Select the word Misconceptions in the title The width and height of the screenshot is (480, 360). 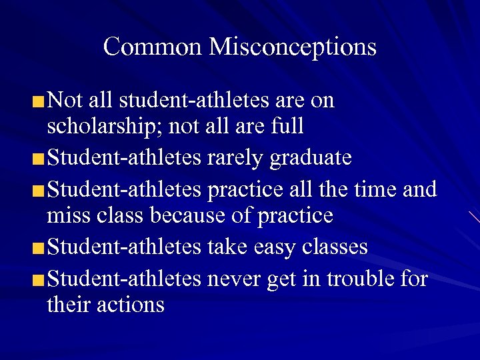293,47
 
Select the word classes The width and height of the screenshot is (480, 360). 335,247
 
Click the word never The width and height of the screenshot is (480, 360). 235,279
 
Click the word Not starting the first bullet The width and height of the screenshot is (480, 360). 65,100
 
